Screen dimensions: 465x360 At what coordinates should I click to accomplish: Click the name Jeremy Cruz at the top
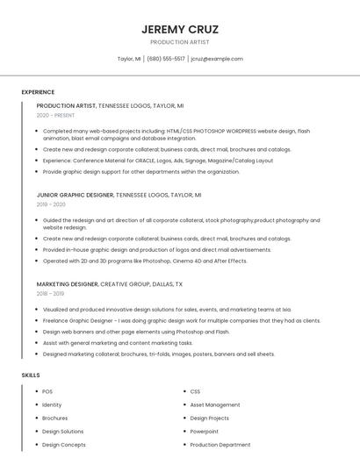click(x=180, y=29)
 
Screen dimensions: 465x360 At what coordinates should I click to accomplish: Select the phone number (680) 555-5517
click(x=166, y=59)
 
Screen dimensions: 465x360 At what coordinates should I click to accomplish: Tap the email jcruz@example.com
click(x=217, y=59)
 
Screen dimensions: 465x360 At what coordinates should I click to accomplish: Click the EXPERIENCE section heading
click(x=38, y=92)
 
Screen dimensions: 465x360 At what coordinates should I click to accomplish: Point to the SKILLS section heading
click(x=31, y=376)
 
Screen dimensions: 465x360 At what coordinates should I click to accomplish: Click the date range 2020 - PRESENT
click(x=55, y=115)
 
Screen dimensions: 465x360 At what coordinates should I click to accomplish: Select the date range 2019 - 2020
click(x=51, y=204)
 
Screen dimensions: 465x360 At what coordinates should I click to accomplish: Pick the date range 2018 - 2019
click(x=51, y=294)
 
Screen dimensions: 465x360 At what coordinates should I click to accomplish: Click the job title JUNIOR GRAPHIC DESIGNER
click(x=75, y=195)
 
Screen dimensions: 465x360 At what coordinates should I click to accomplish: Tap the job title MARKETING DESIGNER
click(x=68, y=284)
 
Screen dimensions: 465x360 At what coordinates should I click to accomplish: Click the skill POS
click(x=47, y=391)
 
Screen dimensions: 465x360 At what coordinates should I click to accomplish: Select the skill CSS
click(x=195, y=391)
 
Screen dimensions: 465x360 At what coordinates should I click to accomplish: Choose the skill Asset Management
click(x=214, y=404)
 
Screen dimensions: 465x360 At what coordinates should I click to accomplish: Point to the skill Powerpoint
click(x=205, y=432)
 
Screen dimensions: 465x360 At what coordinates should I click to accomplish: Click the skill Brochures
click(x=54, y=418)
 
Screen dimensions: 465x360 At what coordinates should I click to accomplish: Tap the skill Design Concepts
click(x=63, y=445)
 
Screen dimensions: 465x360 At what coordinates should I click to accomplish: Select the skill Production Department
click(x=220, y=445)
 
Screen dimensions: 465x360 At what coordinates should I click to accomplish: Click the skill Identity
click(x=52, y=404)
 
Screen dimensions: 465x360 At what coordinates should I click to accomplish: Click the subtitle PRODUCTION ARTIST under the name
click(x=180, y=41)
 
